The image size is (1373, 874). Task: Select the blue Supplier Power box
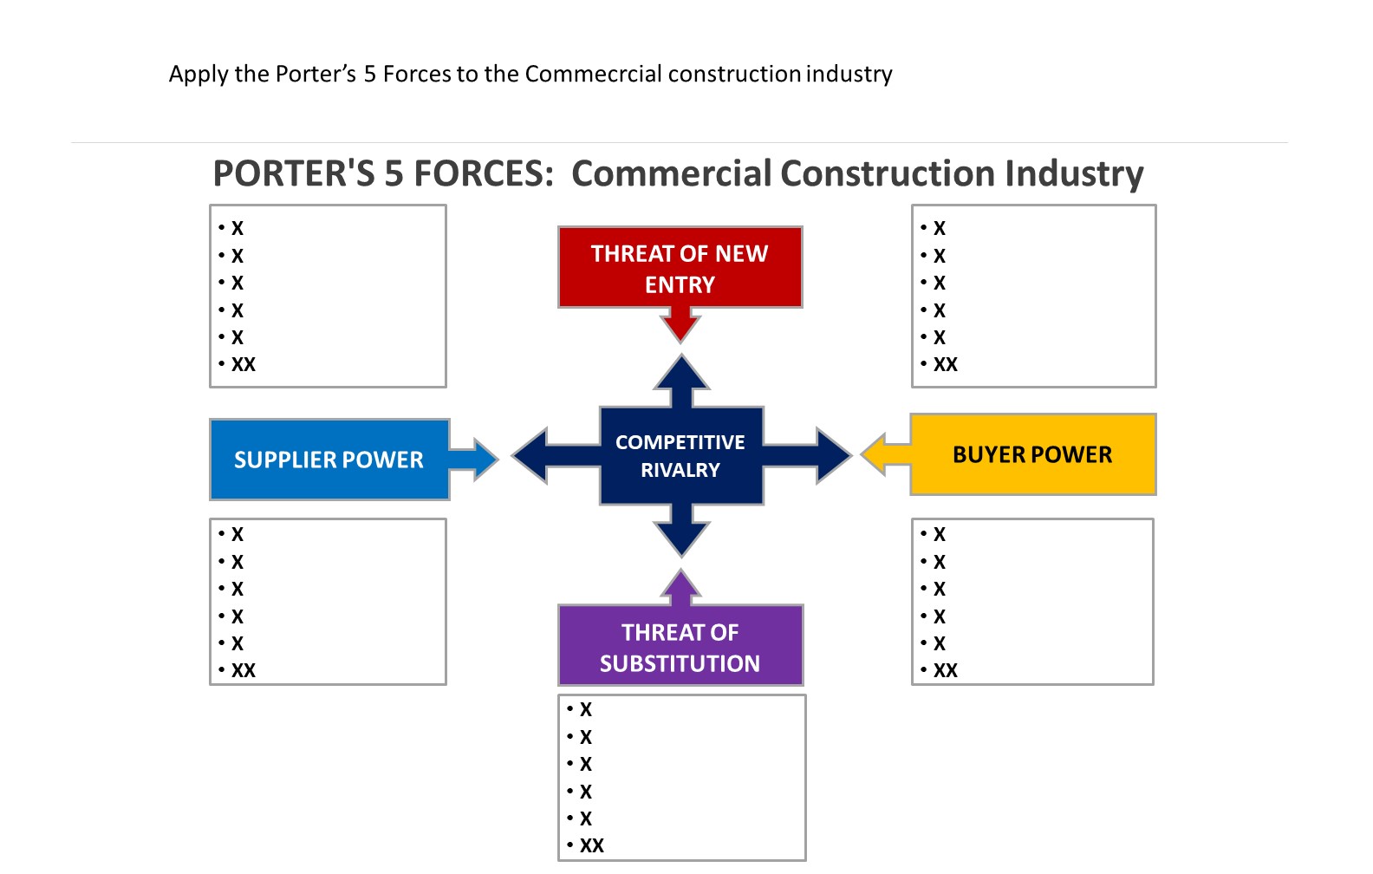point(329,460)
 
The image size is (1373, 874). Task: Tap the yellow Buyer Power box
point(1031,454)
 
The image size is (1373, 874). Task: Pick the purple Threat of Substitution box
point(680,646)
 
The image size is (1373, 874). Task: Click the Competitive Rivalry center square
point(680,456)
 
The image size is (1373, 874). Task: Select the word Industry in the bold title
point(1074,174)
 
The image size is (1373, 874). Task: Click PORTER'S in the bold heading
point(294,174)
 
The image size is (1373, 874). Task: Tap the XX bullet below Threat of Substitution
point(591,846)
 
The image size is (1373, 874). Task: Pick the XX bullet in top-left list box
point(243,365)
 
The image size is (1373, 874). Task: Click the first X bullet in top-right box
point(939,229)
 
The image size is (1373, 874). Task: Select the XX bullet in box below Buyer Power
point(945,671)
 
